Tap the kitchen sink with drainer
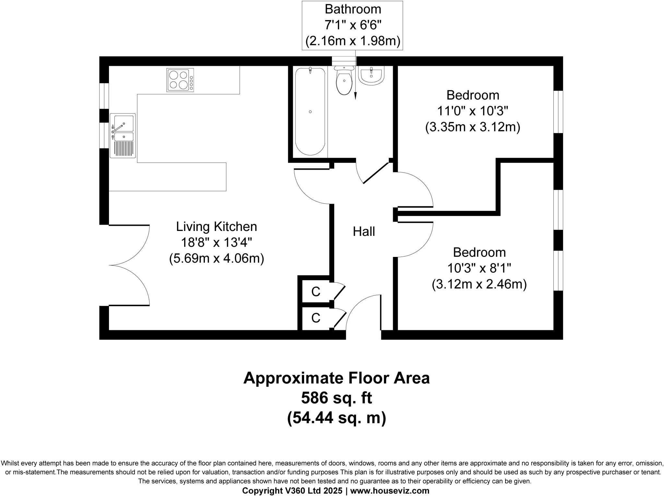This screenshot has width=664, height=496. [x=123, y=136]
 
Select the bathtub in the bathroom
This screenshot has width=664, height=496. [x=310, y=111]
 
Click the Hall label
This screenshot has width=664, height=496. [x=364, y=232]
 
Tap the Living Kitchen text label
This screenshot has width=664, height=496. [x=216, y=226]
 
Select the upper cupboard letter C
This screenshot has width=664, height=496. [x=315, y=292]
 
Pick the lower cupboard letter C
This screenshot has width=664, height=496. [x=315, y=318]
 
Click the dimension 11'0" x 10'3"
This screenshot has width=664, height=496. [x=472, y=111]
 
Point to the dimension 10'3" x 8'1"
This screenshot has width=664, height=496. [x=479, y=268]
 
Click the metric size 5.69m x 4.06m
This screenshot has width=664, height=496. [x=216, y=259]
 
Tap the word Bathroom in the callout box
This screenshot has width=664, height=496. [x=353, y=9]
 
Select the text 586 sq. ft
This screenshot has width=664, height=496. [x=336, y=398]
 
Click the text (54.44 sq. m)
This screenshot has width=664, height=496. [x=336, y=418]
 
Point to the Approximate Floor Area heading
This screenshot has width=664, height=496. [x=336, y=378]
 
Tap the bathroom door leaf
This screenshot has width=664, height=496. [x=376, y=173]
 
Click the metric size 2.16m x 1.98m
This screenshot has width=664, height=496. [x=353, y=41]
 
